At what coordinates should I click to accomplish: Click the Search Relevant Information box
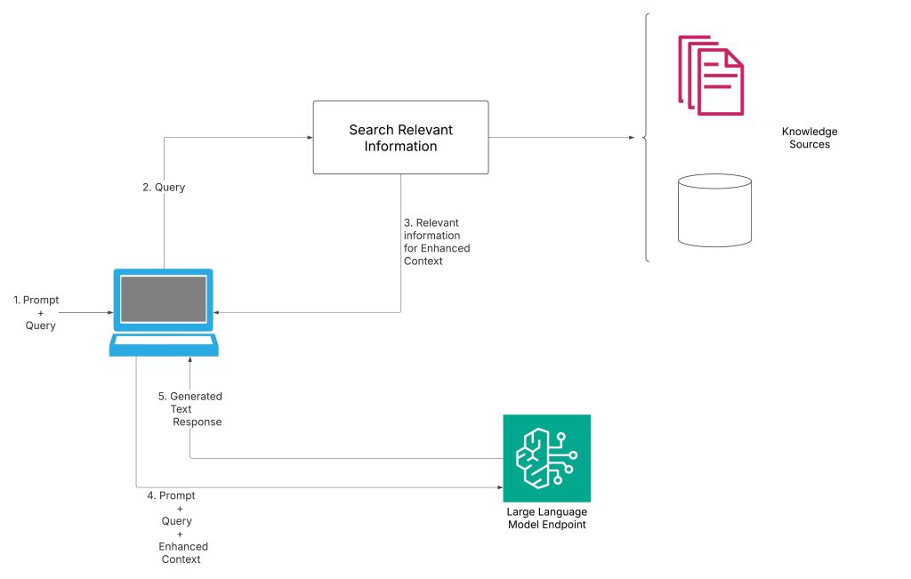[x=400, y=137]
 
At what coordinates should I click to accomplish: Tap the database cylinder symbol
[x=714, y=210]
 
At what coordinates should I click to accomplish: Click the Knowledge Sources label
[x=810, y=138]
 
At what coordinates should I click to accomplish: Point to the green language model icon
[x=546, y=458]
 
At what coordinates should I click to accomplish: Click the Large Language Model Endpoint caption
[x=546, y=519]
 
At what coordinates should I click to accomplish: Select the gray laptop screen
[x=164, y=299]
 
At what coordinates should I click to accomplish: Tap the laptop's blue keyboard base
[x=163, y=346]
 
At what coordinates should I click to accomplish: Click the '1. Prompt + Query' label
[x=36, y=313]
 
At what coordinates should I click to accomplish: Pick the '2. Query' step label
[x=164, y=188]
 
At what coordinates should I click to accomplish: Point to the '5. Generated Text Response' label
[x=189, y=409]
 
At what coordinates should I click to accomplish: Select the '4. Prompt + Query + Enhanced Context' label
[x=177, y=527]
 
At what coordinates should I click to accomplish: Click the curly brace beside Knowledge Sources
[x=646, y=137]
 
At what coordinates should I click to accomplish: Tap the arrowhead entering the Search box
[x=309, y=137]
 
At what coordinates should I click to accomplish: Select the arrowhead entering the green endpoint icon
[x=498, y=487]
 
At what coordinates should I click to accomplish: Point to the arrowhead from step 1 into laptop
[x=112, y=313]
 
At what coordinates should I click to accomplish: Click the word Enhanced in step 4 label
[x=183, y=546]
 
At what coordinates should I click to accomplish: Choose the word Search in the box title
[x=370, y=130]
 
